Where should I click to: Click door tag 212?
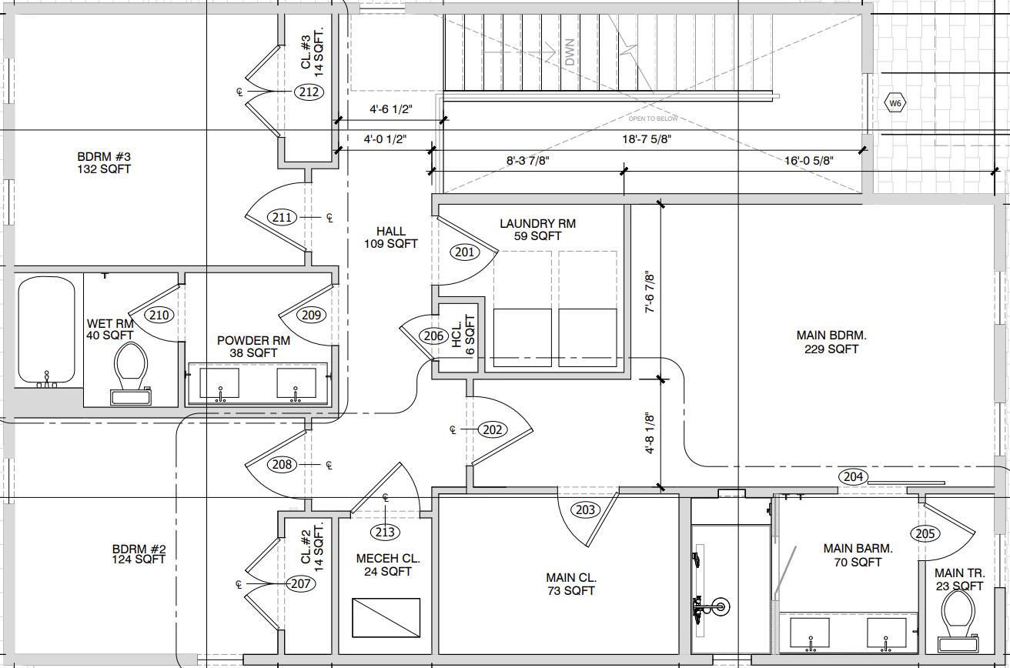point(309,92)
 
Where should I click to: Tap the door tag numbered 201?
point(465,252)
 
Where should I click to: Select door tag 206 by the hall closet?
point(433,336)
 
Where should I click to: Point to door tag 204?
point(854,476)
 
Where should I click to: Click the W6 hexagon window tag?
point(895,104)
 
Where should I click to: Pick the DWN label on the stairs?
point(570,52)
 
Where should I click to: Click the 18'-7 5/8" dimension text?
point(647,139)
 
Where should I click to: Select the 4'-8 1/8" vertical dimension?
point(650,433)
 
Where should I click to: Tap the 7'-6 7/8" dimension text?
point(650,292)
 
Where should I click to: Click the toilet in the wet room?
point(130,372)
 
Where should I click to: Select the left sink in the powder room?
point(219,383)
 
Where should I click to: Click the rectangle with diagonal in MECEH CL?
point(386,617)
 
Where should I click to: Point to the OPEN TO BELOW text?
point(653,119)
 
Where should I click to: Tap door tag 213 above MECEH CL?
point(385,533)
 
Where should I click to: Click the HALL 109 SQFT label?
point(390,238)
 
